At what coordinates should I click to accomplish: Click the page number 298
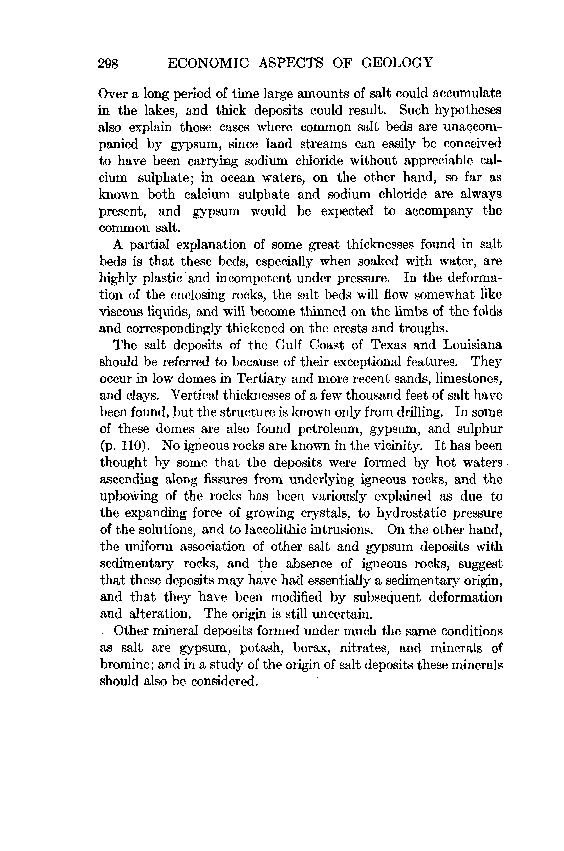point(108,64)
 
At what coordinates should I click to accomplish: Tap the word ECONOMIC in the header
point(208,63)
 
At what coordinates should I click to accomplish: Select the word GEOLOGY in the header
point(397,63)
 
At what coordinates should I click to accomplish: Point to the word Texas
point(388,345)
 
